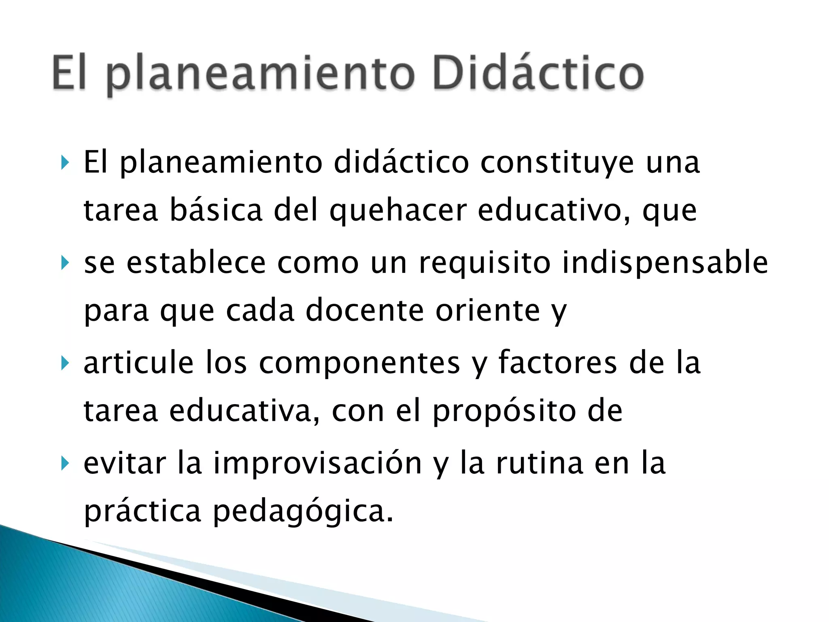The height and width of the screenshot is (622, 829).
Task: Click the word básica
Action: [x=216, y=210]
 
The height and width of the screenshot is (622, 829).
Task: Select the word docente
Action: [x=365, y=311]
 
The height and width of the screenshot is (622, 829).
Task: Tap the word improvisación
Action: [x=318, y=463]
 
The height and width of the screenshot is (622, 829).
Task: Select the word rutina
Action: [x=540, y=463]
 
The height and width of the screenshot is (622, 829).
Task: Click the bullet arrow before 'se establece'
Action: [x=65, y=263]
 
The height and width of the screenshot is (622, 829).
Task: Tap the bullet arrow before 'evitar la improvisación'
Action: [x=65, y=463]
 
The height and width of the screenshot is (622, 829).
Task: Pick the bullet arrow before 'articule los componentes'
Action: [x=65, y=362]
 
